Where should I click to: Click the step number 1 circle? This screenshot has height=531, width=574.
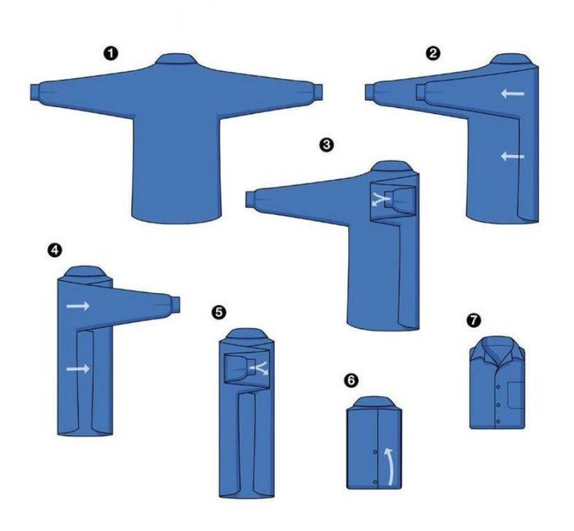click(111, 54)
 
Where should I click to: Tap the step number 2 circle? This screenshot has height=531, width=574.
click(433, 53)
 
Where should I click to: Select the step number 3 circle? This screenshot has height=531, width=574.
click(327, 145)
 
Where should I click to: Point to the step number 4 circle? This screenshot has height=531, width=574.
click(55, 250)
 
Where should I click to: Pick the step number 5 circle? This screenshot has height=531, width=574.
click(219, 313)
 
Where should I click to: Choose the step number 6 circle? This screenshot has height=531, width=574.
click(351, 380)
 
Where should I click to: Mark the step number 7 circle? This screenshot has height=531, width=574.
click(474, 320)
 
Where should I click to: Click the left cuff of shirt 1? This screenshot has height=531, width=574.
click(35, 92)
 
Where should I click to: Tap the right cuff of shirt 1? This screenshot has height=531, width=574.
click(317, 92)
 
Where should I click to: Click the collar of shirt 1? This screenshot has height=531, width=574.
click(177, 59)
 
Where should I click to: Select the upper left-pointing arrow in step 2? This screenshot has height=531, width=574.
click(513, 94)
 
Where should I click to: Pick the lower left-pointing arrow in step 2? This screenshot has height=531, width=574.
click(513, 156)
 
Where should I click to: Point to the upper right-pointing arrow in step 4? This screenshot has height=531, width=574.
click(78, 306)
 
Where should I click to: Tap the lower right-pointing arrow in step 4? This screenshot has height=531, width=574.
click(78, 369)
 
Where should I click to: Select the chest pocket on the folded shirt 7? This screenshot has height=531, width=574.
click(516, 395)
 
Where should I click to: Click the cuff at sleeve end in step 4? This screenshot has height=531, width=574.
click(175, 304)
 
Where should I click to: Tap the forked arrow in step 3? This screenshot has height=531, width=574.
click(381, 199)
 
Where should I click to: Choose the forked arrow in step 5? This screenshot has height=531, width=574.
click(259, 368)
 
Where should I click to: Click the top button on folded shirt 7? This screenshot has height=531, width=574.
click(499, 386)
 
